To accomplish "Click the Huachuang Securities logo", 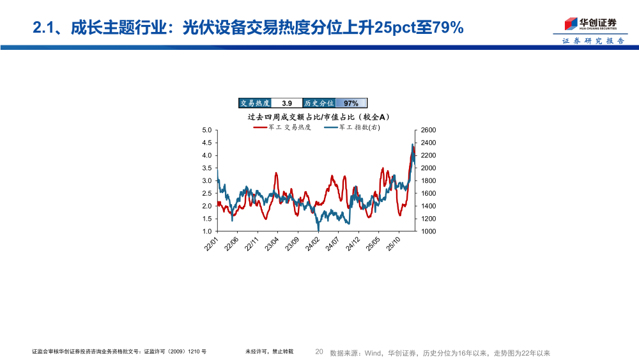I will click(x=590, y=24).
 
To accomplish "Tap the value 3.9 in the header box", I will click(x=287, y=103).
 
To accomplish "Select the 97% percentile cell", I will click(x=351, y=103).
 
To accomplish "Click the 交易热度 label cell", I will click(x=255, y=103).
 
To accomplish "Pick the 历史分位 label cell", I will click(x=319, y=103).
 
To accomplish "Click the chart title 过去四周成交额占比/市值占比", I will click(x=318, y=117).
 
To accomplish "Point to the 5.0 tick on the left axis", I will click(x=206, y=130).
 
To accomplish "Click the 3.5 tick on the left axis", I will click(x=206, y=168).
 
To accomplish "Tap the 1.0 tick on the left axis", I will click(x=206, y=231).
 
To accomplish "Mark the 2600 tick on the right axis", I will click(x=429, y=130).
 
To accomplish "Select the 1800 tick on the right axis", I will click(x=429, y=181).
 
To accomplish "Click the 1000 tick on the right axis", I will click(x=429, y=231).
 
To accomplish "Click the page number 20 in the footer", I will click(x=319, y=352).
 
